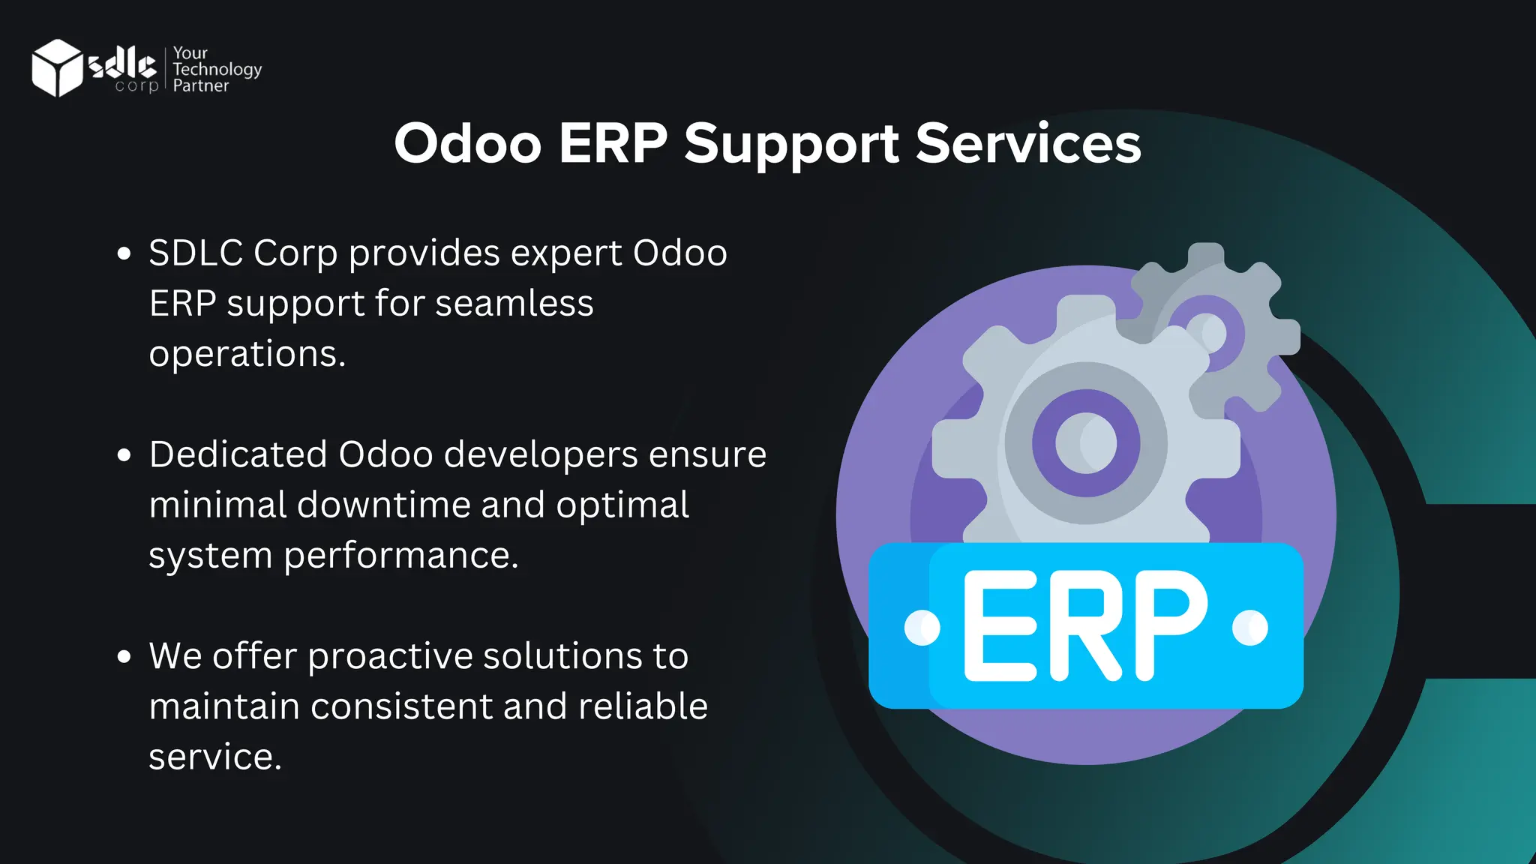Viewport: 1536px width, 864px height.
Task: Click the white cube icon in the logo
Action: pos(57,67)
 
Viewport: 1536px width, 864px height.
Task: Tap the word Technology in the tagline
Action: pos(217,70)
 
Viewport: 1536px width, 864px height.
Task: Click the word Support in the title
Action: pos(791,144)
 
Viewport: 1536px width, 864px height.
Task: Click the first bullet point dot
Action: pos(124,253)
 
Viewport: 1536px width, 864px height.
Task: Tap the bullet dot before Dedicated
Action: pos(124,454)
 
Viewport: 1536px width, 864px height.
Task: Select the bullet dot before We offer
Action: pos(124,656)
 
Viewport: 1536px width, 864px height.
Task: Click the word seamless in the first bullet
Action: pos(514,303)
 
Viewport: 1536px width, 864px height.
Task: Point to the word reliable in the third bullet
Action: pos(643,706)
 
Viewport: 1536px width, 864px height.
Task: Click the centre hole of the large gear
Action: pos(1086,442)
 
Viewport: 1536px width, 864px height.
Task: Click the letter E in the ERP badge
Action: pos(1000,625)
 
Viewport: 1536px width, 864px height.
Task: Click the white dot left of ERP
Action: pos(922,628)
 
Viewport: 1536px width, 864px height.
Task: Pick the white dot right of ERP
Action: pos(1250,627)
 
